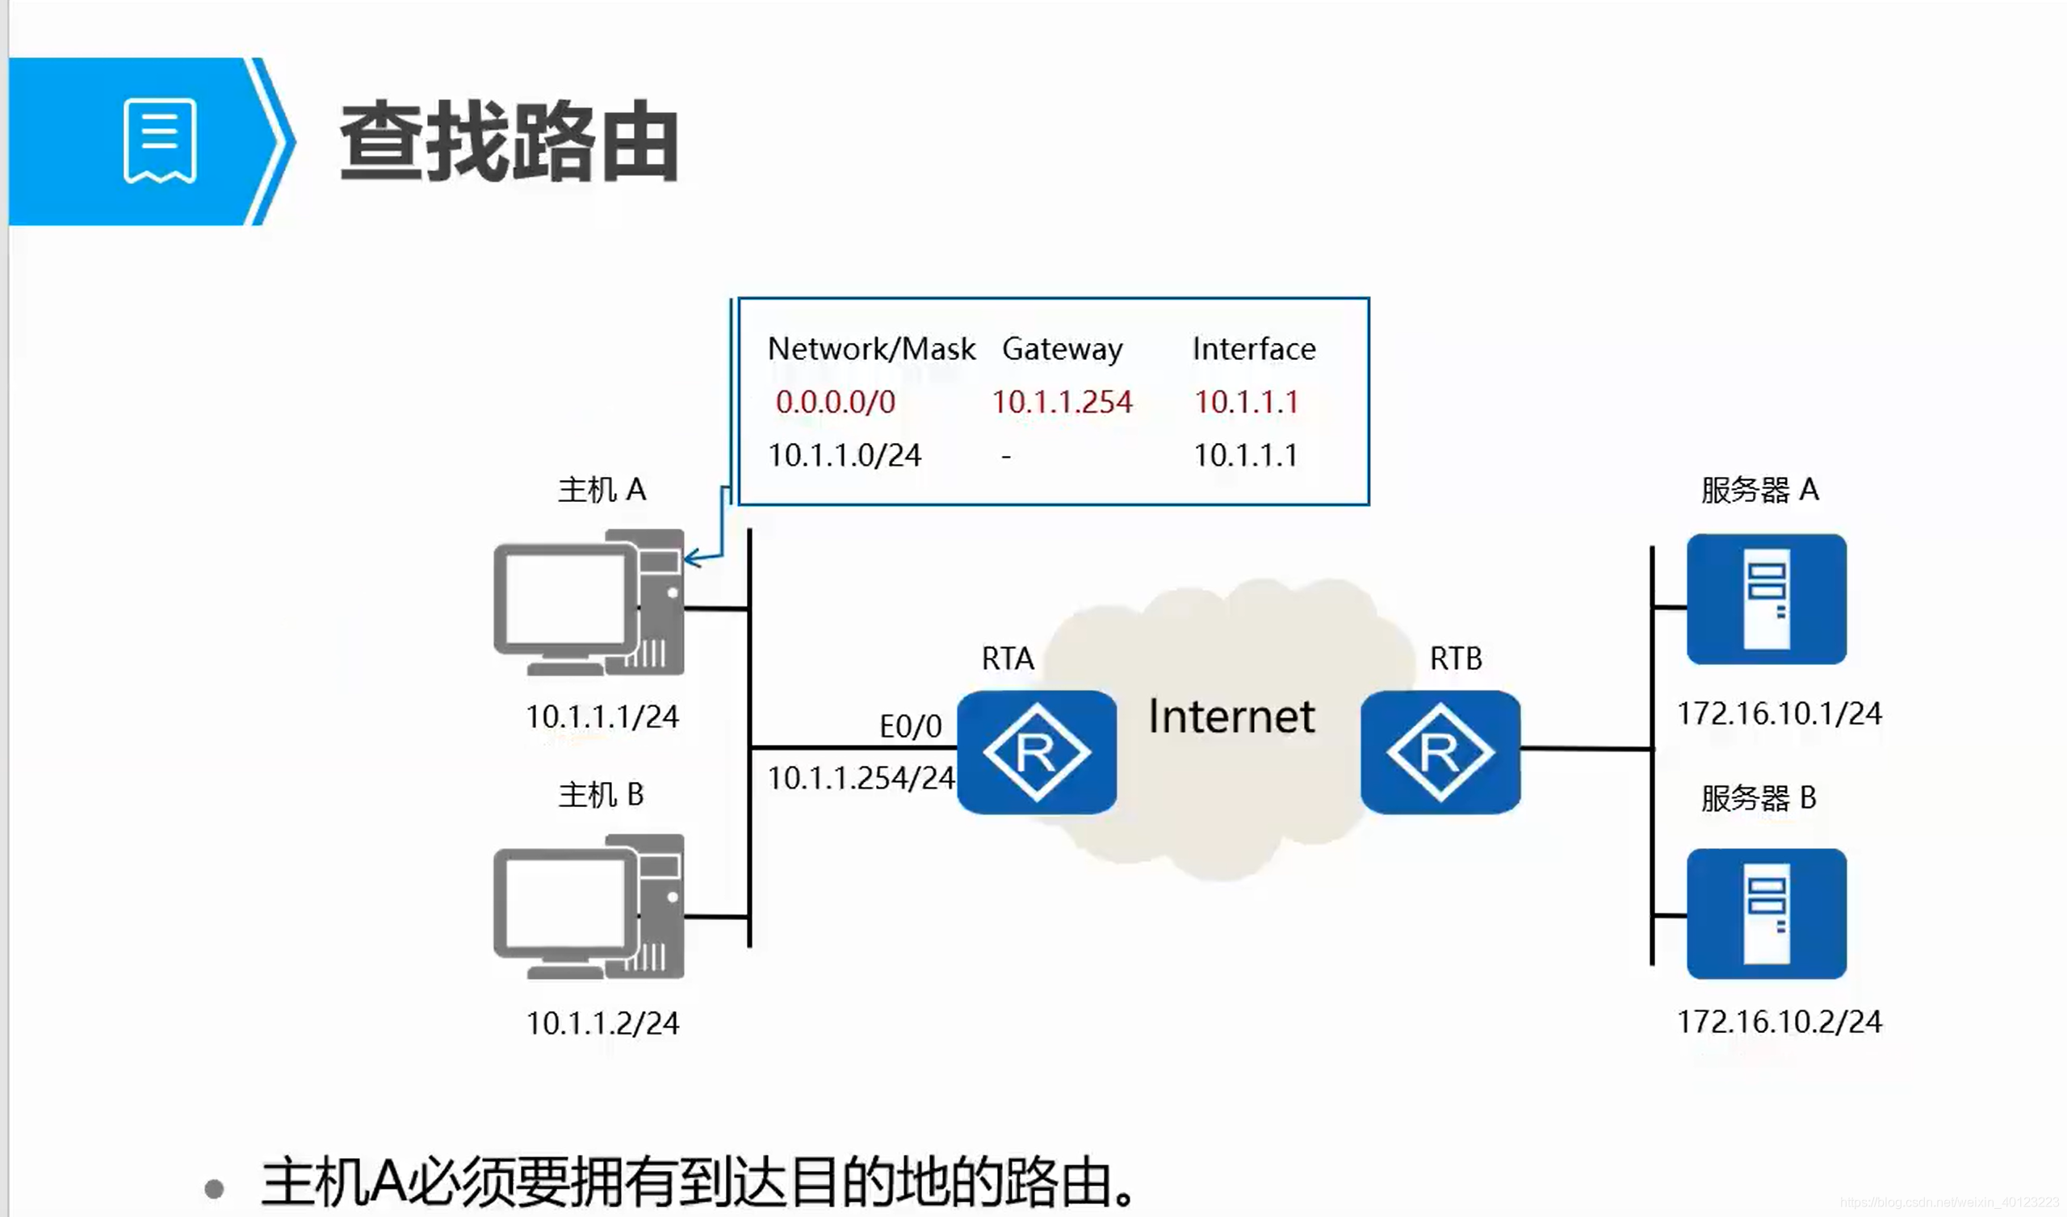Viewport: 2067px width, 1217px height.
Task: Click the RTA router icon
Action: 1036,751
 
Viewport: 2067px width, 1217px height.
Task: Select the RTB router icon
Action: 1440,751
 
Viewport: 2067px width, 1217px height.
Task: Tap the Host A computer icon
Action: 588,602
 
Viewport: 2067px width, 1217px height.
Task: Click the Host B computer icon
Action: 588,906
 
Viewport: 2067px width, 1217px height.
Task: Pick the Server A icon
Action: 1766,599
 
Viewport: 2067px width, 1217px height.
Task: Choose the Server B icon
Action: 1766,914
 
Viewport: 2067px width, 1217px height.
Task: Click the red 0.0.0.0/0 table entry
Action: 835,402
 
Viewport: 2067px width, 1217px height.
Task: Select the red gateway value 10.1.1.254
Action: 1062,402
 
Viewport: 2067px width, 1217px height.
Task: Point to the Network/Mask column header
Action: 871,349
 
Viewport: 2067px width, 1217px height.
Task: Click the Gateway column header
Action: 1063,349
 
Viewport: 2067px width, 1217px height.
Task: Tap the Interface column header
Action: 1253,349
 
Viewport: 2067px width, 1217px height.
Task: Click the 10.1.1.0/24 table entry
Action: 844,455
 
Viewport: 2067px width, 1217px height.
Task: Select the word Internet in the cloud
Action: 1231,716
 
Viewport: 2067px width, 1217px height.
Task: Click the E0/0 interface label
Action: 911,726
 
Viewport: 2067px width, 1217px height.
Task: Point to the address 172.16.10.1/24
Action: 1778,713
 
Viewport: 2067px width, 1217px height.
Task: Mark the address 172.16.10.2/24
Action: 1778,1022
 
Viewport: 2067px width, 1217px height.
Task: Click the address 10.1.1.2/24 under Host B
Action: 602,1023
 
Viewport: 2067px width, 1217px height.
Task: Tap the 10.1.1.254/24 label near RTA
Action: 861,778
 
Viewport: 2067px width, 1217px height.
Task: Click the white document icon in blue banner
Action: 159,140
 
